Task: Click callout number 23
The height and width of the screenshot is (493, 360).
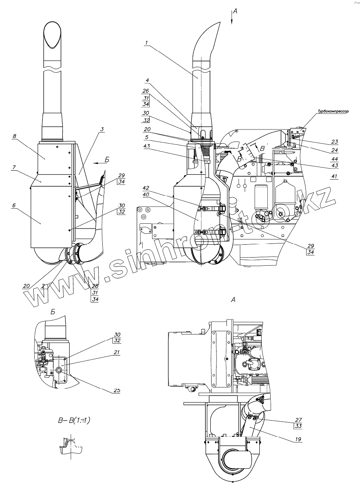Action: (x=334, y=142)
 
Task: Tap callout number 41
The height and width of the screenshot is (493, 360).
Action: (x=334, y=176)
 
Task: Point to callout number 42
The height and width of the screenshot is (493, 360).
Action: (x=146, y=188)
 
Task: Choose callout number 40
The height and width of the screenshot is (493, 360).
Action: (x=146, y=194)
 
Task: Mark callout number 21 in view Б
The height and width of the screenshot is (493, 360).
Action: (x=116, y=353)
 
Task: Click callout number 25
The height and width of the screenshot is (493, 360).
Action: (x=116, y=390)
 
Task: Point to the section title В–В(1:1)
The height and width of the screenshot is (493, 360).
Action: (x=74, y=421)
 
